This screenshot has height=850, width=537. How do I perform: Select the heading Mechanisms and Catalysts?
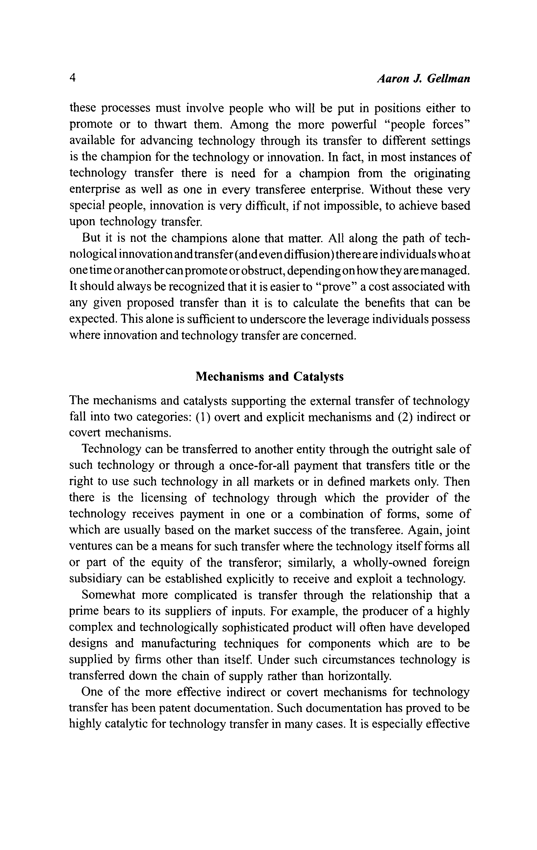point(269,377)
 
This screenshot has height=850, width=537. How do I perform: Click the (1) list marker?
point(203,417)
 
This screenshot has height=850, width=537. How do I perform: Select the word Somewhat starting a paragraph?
point(106,595)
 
